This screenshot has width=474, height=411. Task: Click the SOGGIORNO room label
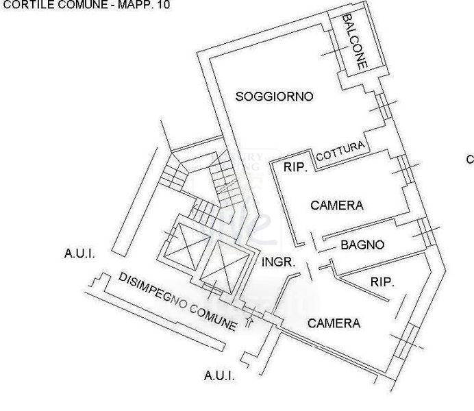[274, 97]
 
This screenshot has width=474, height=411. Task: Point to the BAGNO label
[362, 245]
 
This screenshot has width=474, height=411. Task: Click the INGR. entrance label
[278, 262]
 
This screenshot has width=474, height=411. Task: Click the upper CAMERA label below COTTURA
[336, 205]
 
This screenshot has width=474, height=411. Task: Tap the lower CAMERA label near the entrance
[334, 323]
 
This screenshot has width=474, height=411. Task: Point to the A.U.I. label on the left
[79, 254]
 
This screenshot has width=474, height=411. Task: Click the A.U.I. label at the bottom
[219, 375]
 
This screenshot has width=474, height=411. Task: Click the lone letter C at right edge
[470, 160]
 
